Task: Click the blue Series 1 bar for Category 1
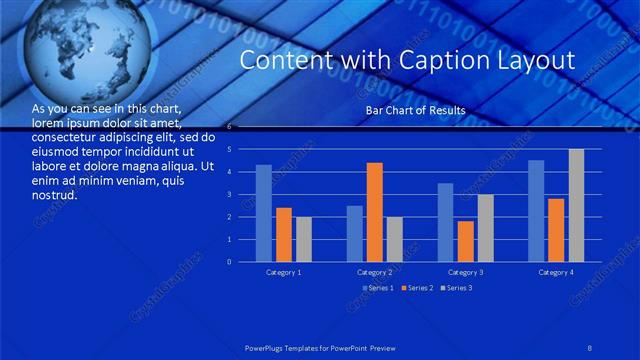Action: pyautogui.click(x=264, y=213)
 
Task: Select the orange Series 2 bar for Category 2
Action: pyautogui.click(x=375, y=212)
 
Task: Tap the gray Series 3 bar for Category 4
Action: pyautogui.click(x=576, y=205)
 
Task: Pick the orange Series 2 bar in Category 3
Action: pyautogui.click(x=466, y=241)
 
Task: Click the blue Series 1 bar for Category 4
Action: pyautogui.click(x=536, y=211)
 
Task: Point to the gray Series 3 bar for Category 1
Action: pyautogui.click(x=304, y=239)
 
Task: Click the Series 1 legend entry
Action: pyautogui.click(x=378, y=288)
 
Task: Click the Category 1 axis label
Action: pyautogui.click(x=284, y=272)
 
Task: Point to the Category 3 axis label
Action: pyautogui.click(x=466, y=272)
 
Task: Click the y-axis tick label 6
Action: pyautogui.click(x=230, y=127)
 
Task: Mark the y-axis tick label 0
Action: pyautogui.click(x=230, y=262)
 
